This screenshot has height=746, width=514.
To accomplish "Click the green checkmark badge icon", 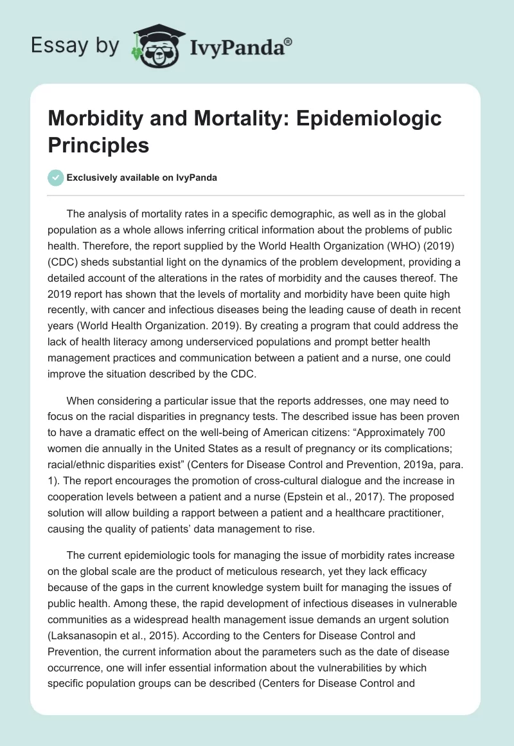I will click(56, 177).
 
